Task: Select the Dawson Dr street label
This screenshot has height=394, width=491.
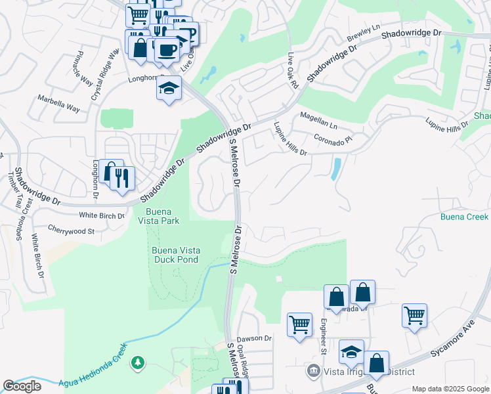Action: click(254, 338)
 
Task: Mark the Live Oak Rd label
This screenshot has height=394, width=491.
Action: click(293, 72)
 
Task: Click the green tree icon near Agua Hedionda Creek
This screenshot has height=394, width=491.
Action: click(138, 362)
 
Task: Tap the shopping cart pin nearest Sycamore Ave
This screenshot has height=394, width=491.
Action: click(414, 316)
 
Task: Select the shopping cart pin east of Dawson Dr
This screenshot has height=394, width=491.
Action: click(299, 324)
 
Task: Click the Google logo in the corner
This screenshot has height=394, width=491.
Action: click(22, 385)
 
